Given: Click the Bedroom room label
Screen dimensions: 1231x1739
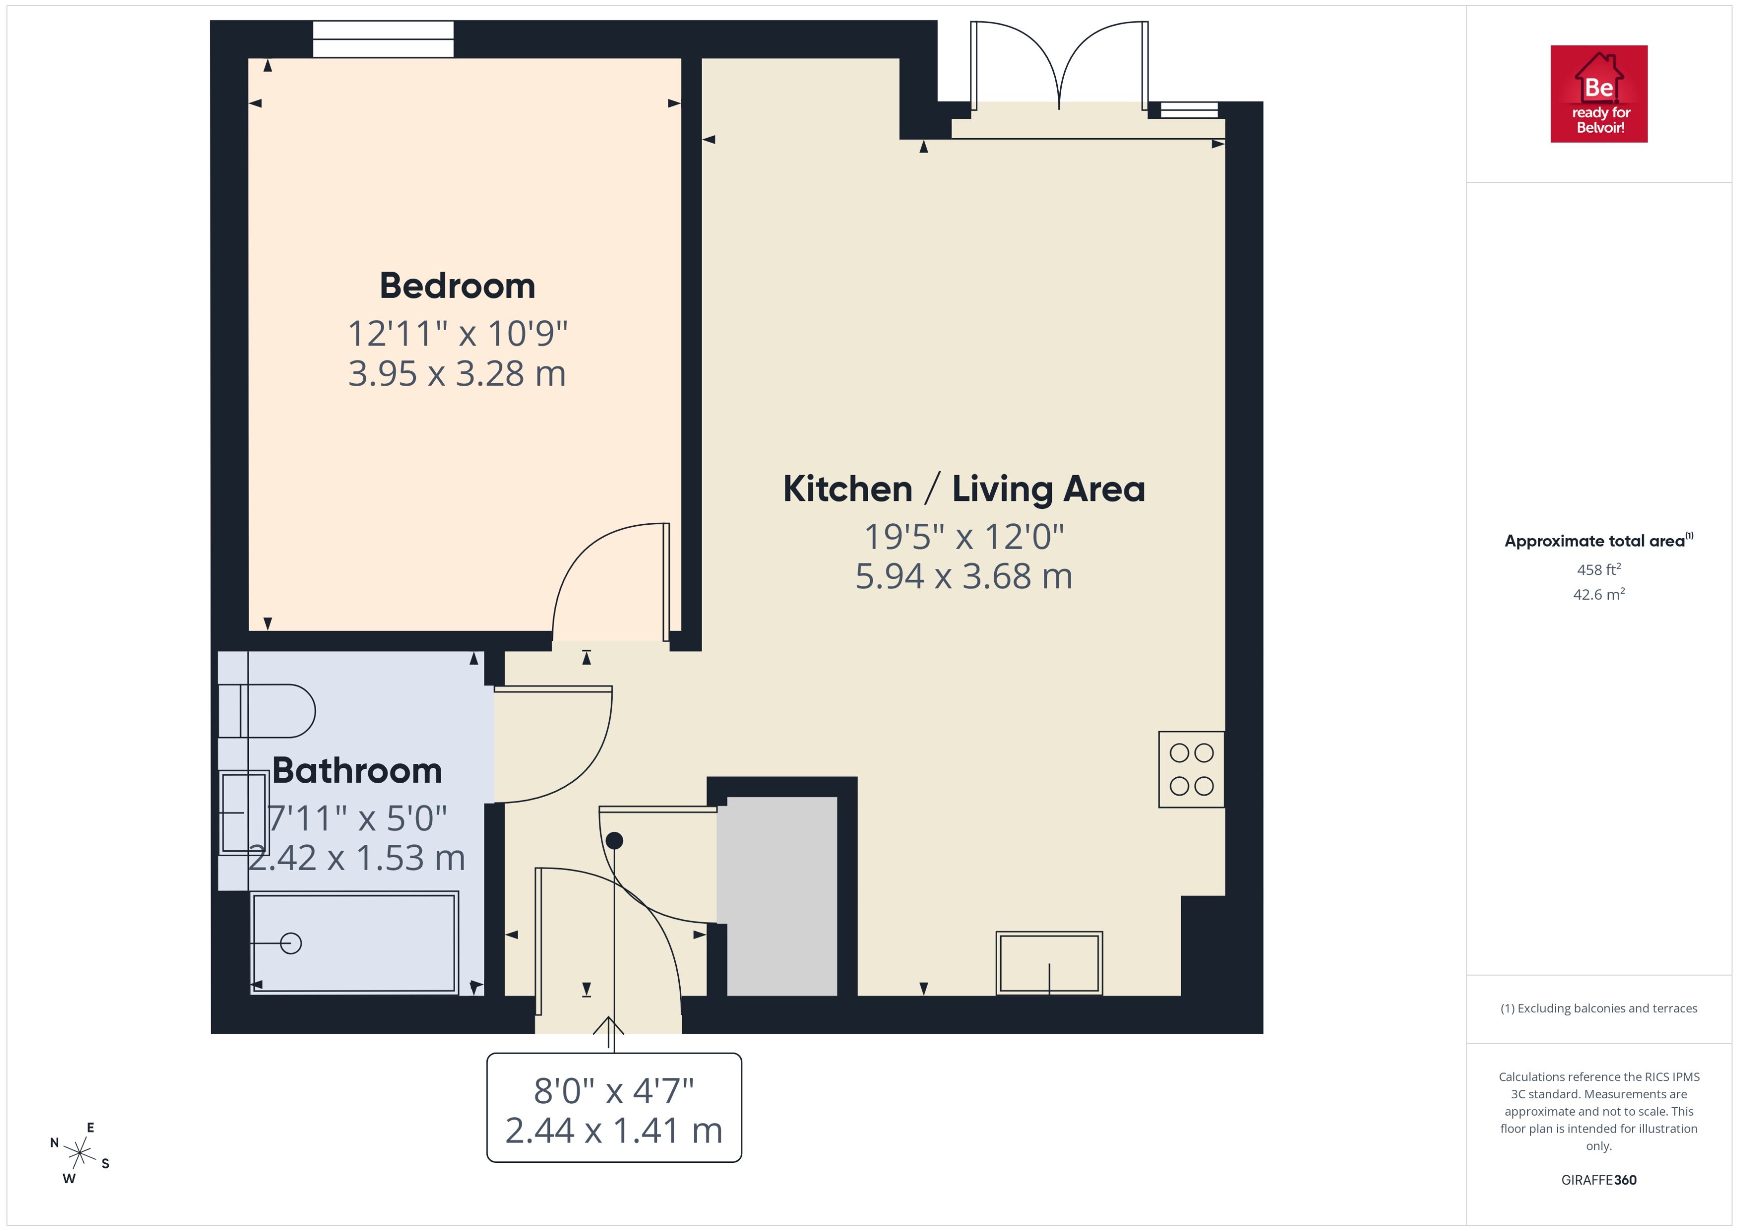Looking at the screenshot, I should click(x=457, y=286).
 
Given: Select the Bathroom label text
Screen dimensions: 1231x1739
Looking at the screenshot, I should click(x=357, y=771).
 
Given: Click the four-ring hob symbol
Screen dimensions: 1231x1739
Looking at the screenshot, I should click(x=1190, y=769).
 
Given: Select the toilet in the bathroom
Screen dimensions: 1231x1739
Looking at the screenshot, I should click(x=267, y=711).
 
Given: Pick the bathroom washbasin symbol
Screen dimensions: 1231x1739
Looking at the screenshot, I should click(x=243, y=813).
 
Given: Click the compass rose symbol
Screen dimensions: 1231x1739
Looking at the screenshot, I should click(x=79, y=1153).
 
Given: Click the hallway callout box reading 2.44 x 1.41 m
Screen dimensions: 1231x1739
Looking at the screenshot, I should click(x=614, y=1108).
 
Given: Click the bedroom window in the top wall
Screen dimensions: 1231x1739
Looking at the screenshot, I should click(x=384, y=39).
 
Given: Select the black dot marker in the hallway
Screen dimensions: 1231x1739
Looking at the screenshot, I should click(x=615, y=840).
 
